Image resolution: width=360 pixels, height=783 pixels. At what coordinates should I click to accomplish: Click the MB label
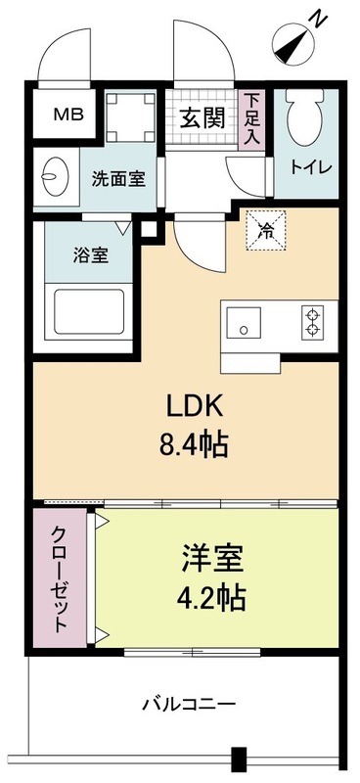(x=67, y=115)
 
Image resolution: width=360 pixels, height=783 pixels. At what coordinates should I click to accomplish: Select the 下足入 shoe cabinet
(x=253, y=118)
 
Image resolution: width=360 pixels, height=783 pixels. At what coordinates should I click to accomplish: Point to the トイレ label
(x=312, y=167)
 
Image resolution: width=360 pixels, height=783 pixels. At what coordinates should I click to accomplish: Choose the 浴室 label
(x=91, y=255)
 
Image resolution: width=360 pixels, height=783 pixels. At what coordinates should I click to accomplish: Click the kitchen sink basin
(x=244, y=322)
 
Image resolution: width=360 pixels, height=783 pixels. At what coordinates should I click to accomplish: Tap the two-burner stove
(x=313, y=322)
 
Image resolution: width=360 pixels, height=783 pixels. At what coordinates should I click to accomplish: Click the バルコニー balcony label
(x=189, y=703)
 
